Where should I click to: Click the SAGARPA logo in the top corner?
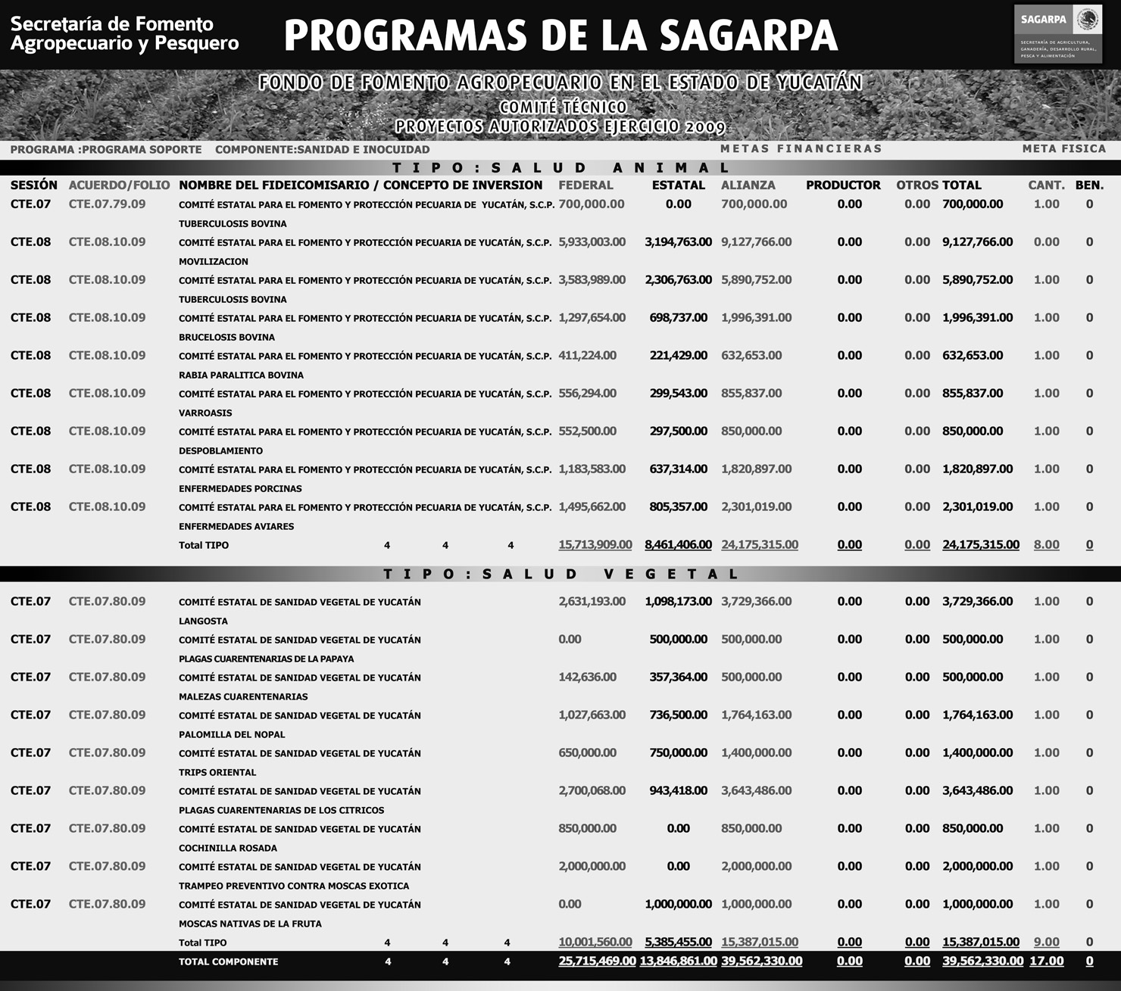click(x=1057, y=33)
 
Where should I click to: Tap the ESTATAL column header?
click(x=678, y=185)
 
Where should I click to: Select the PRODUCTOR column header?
click(x=843, y=185)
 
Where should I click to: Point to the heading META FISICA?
click(x=1063, y=149)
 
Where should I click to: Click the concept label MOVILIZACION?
click(x=214, y=261)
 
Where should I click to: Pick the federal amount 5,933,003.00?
click(x=592, y=242)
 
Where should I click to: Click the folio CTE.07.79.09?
click(x=107, y=204)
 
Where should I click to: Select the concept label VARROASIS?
click(x=205, y=413)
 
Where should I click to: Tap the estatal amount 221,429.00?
click(x=678, y=356)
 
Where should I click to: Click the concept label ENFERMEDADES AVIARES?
click(x=236, y=526)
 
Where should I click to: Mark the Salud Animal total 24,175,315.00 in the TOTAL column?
click(x=981, y=545)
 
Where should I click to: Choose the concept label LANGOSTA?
click(x=203, y=621)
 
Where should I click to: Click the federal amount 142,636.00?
click(x=587, y=678)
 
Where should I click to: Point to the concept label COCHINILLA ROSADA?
click(x=228, y=848)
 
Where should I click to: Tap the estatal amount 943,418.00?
click(x=678, y=791)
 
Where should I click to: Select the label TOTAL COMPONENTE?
click(x=228, y=961)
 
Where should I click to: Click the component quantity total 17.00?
click(x=1046, y=961)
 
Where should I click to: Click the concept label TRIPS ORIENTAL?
click(x=217, y=772)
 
